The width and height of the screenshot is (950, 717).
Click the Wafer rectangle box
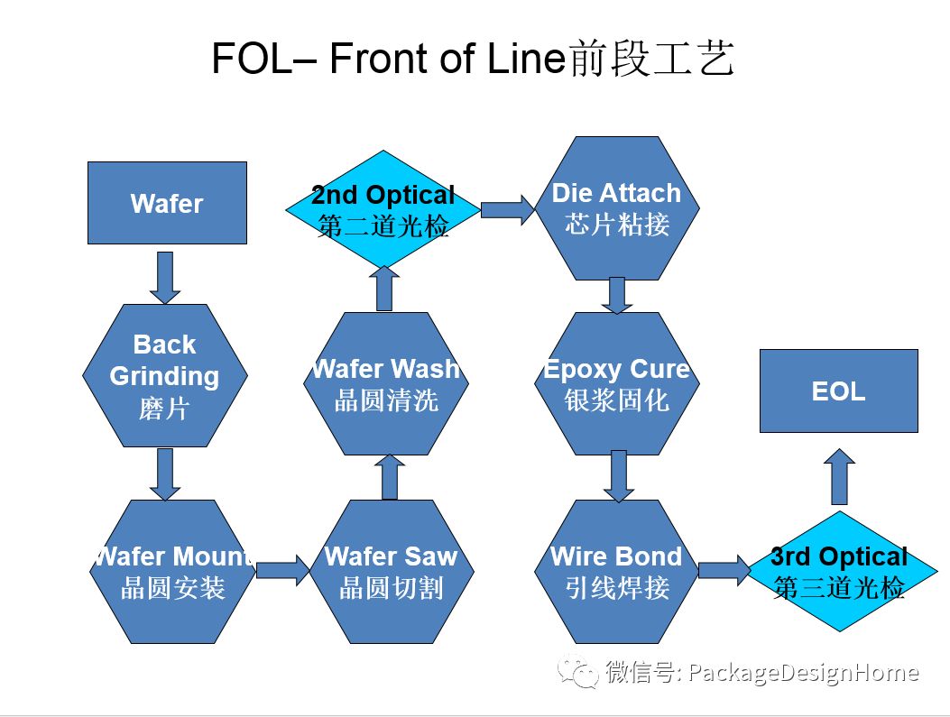[x=167, y=203]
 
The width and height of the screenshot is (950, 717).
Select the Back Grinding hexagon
[x=164, y=375]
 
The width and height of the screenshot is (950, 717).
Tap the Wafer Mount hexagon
[x=171, y=571]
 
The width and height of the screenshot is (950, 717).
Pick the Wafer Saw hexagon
[x=391, y=571]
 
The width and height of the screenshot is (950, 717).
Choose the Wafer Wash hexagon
[x=386, y=383]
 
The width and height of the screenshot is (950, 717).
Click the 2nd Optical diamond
[x=383, y=209]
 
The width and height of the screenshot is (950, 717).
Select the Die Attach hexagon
[x=617, y=208]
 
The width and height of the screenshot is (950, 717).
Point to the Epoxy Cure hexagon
[x=617, y=383]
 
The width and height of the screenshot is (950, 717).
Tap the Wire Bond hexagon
[x=617, y=571]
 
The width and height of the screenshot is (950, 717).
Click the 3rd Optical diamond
[x=839, y=571]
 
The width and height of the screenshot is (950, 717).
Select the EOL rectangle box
[x=838, y=391]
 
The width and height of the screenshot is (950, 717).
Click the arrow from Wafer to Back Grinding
[x=165, y=277]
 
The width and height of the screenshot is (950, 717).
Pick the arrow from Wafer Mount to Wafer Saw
[x=282, y=570]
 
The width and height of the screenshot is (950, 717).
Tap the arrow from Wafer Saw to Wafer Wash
[x=390, y=476]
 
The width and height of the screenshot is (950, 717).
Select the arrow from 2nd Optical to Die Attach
[x=508, y=210]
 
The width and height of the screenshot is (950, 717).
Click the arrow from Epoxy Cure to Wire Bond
[x=617, y=475]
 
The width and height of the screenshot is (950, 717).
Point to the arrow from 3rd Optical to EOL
[x=839, y=477]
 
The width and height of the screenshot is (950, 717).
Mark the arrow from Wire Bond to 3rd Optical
[x=724, y=570]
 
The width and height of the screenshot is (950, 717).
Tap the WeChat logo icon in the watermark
[x=577, y=672]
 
